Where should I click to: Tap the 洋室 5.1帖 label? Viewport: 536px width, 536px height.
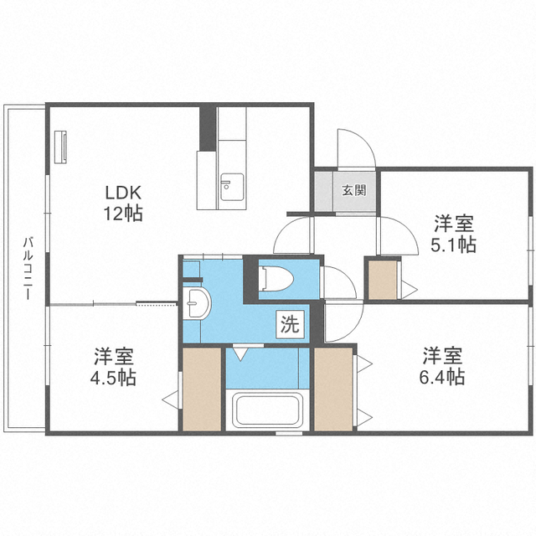pyautogui.click(x=454, y=234)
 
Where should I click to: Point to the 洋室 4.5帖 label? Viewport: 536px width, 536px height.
pyautogui.click(x=115, y=365)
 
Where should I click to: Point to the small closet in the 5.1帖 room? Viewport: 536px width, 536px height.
pyautogui.click(x=384, y=281)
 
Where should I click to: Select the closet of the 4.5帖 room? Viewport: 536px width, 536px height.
pyautogui.click(x=201, y=389)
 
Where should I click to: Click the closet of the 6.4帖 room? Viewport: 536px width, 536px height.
pyautogui.click(x=334, y=389)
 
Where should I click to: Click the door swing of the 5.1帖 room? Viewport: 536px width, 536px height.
pyautogui.click(x=395, y=239)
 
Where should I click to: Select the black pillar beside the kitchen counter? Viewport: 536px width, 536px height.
pyautogui.click(x=206, y=127)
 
